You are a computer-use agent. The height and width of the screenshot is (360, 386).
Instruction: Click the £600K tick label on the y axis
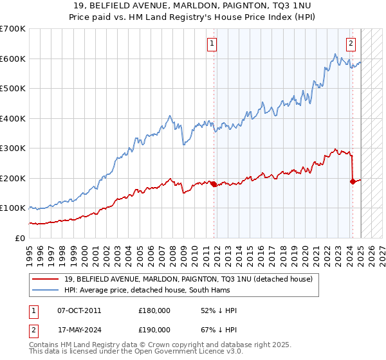pos(13,59)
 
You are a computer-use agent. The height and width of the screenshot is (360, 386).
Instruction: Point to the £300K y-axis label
pos(13,148)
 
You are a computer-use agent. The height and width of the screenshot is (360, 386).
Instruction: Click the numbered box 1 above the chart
pos(212,44)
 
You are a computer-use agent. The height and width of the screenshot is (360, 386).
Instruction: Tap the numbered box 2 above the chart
pos(351,44)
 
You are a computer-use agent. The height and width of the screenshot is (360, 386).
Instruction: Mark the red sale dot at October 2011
pos(213,184)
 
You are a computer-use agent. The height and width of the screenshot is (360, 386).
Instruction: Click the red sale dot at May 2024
pos(353,181)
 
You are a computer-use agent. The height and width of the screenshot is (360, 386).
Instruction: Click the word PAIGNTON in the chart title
pos(234,7)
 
